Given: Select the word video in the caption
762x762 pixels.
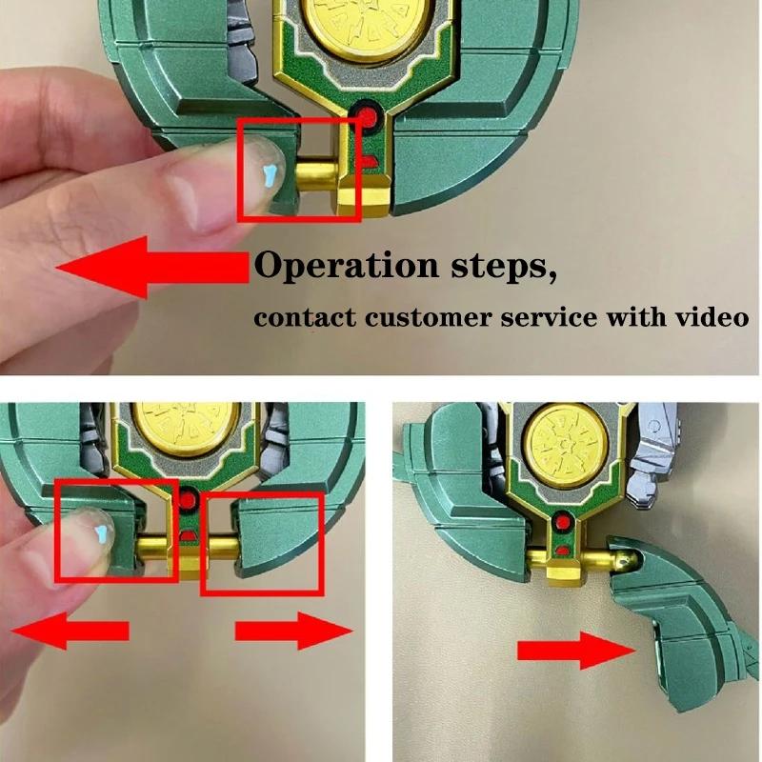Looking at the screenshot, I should click(710, 316).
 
